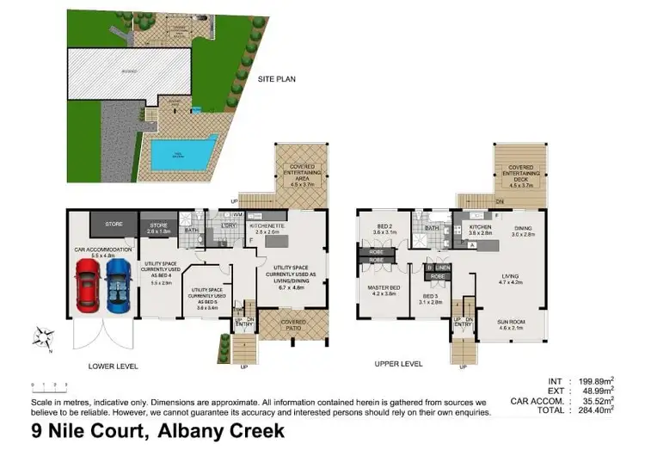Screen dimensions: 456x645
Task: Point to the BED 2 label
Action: (384, 229)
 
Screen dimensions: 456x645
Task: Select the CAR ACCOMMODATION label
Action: (102, 251)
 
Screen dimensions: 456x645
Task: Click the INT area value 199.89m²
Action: (593, 380)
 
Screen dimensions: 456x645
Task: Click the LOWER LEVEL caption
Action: (114, 365)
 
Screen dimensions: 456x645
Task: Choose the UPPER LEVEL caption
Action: (399, 365)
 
